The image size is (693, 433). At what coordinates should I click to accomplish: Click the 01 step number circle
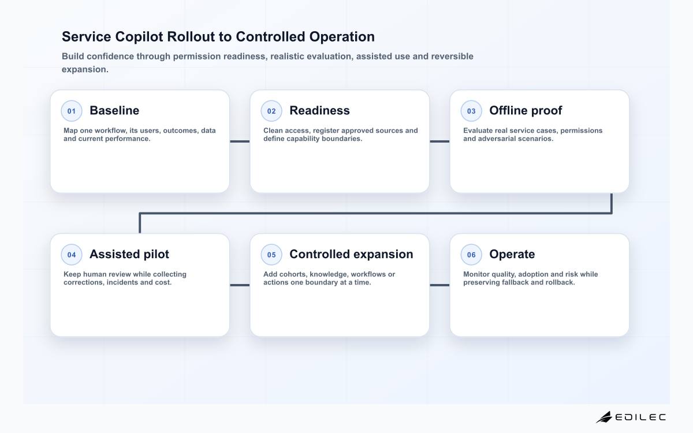coord(72,111)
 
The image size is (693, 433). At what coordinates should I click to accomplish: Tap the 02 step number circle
coord(271,111)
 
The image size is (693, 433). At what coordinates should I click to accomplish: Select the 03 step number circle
coord(471,111)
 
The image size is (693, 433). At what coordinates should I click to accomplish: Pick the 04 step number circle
coord(72,255)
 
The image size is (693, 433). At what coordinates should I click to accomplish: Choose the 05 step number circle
coord(271,255)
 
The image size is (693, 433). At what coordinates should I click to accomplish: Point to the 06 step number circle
coord(471,255)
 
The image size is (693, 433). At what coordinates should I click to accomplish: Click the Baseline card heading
coord(114,110)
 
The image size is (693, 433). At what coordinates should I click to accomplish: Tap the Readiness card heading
coord(319,110)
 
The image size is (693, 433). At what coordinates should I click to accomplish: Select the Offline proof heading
coord(526,111)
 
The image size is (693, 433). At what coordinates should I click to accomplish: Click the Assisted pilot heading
coord(129,254)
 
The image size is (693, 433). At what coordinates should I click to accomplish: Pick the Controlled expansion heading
coord(351,254)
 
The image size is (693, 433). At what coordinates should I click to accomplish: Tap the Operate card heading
coord(512,254)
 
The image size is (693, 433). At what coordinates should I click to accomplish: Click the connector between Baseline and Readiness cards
coord(240,141)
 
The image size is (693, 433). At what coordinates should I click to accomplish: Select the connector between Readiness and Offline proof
coord(439,141)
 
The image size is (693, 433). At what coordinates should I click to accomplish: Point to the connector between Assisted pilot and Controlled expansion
coord(240,285)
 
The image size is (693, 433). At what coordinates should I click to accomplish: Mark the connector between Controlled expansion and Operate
coord(439,285)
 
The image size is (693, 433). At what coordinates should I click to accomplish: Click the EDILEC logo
coord(631,417)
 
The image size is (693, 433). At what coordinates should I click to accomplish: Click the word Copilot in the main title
coord(139,37)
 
